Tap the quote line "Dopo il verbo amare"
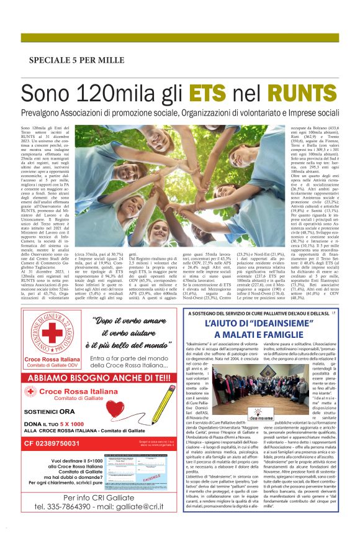[132, 321]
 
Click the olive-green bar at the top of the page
[180, 38]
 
